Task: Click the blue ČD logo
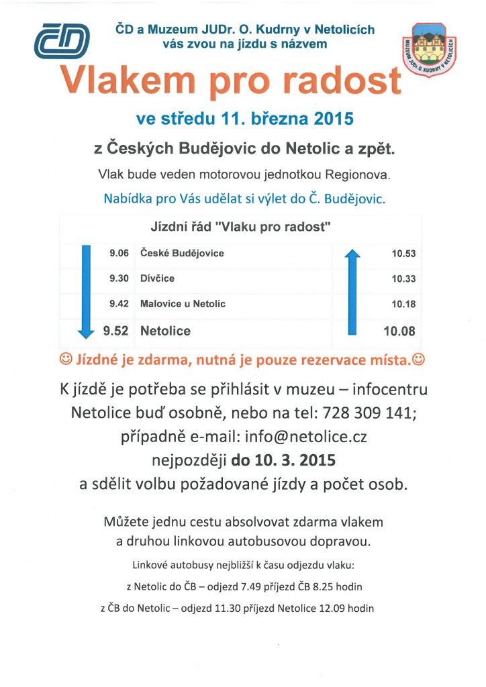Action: pos(62,41)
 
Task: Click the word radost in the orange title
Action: pos(344,82)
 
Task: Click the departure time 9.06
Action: pos(119,253)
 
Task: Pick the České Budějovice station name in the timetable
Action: pos(182,253)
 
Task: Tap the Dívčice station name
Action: pos(158,278)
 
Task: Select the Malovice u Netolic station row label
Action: pos(183,304)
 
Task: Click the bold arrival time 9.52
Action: pos(115,331)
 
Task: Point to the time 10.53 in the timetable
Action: pos(403,254)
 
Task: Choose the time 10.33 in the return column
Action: pos(403,279)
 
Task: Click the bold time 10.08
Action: pos(399,331)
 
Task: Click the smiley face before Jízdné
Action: pos(66,360)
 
